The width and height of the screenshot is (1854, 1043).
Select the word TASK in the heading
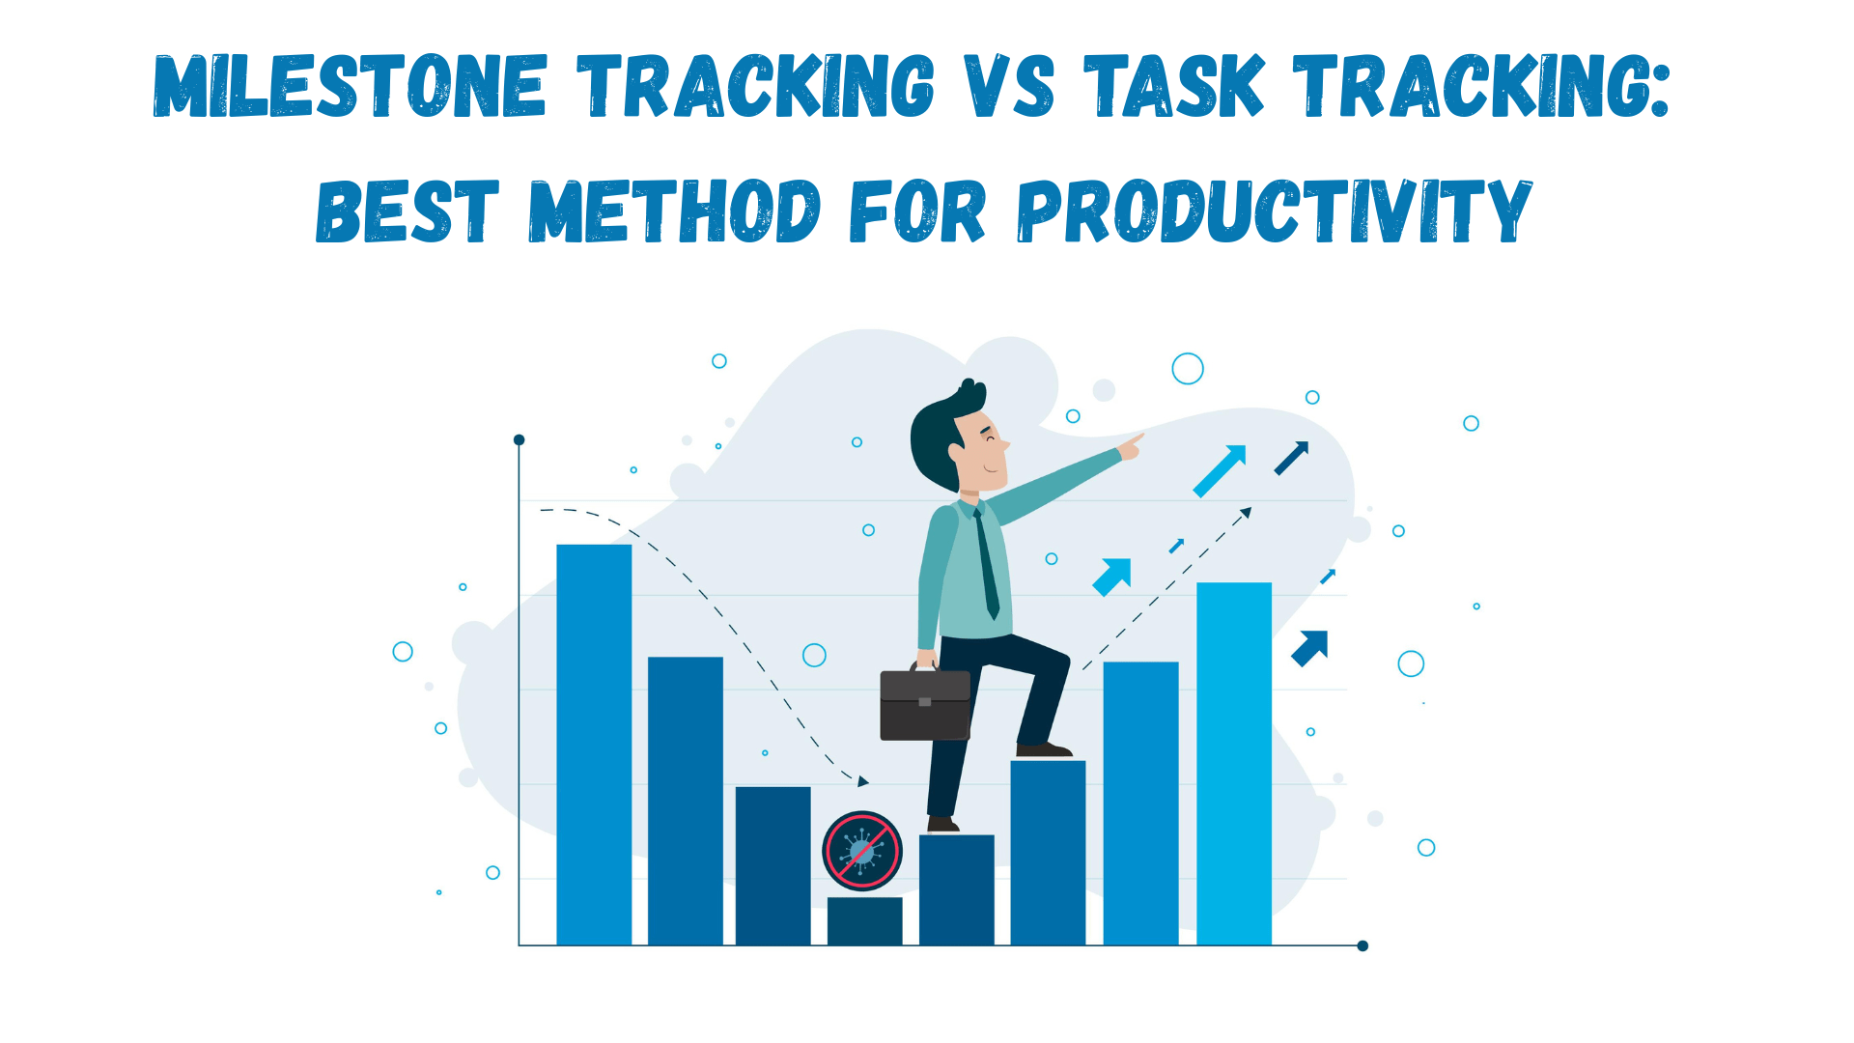1173,87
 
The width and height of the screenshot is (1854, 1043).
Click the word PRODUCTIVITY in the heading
1274,211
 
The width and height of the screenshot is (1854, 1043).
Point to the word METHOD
674,211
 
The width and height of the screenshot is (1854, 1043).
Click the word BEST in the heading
407,211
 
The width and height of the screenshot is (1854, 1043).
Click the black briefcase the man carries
924,705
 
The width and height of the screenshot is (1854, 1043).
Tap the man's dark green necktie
986,565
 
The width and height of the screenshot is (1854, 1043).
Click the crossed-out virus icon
861,851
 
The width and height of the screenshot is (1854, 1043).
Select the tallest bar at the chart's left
594,744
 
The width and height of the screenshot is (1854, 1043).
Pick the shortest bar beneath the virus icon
864,921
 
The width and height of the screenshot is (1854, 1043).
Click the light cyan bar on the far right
1233,763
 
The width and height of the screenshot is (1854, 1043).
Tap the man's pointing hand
1131,446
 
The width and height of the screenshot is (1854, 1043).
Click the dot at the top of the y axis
519,440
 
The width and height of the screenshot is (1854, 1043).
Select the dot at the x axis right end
1362,945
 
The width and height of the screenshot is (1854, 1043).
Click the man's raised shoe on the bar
1043,750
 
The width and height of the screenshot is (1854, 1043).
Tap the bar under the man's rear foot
956,888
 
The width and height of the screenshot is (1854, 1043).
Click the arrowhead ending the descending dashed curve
863,781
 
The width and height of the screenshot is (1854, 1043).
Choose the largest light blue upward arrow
1220,470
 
